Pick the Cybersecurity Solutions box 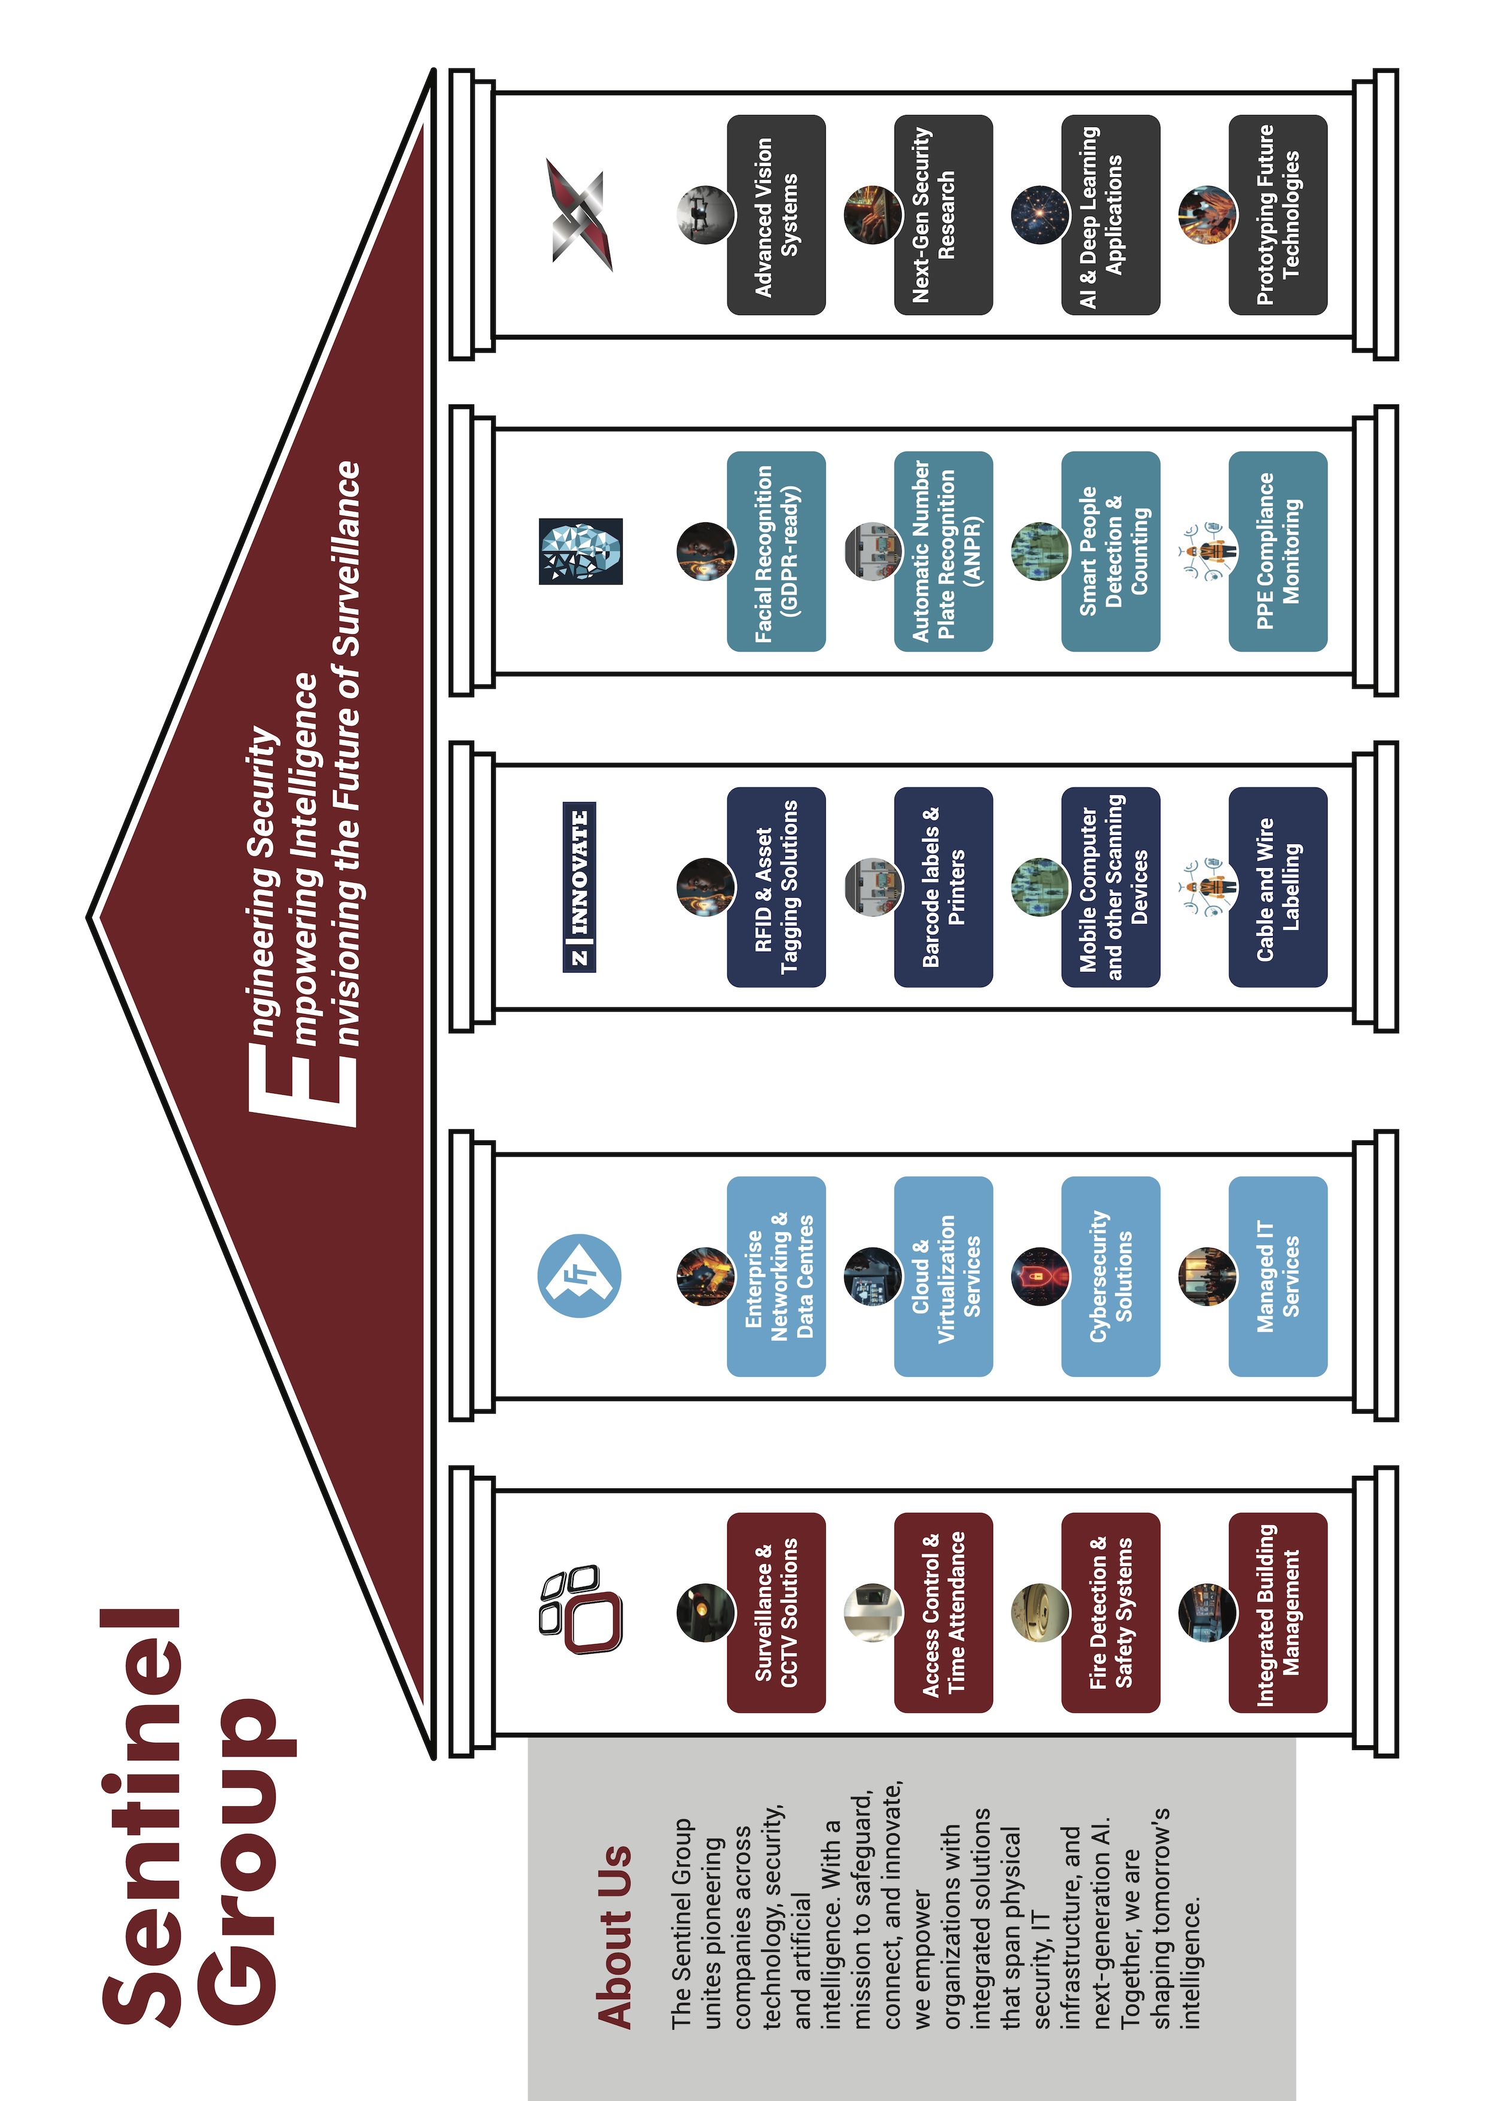(1110, 1276)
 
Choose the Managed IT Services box (1277, 1276)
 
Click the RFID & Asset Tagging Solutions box (776, 887)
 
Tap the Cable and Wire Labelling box (1277, 887)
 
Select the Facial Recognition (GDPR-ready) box (776, 551)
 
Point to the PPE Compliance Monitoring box (1277, 551)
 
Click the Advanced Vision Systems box (776, 215)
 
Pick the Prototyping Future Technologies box (1277, 215)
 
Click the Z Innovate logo (579, 887)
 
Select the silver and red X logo (580, 215)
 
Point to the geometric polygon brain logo (580, 551)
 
